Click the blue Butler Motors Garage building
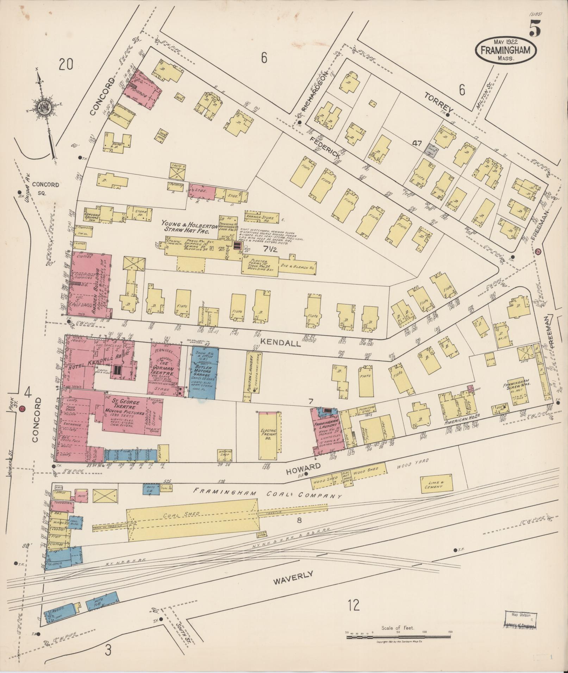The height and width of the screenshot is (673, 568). (203, 372)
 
